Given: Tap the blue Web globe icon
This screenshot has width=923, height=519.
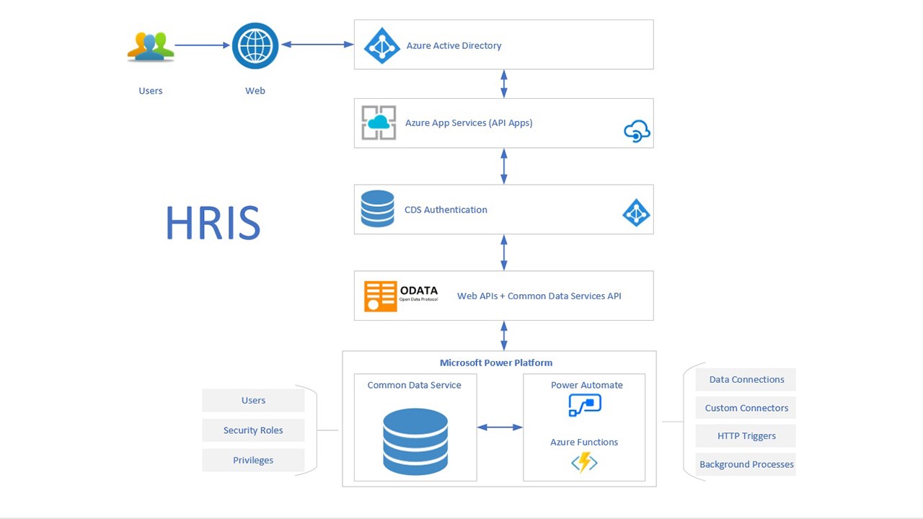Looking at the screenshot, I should coord(255,45).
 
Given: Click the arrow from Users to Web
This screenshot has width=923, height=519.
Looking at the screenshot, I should coord(202,45).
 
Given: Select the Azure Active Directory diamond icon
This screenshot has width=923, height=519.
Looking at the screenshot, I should coord(381,45).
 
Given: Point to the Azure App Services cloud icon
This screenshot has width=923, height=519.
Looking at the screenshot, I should coord(379,123).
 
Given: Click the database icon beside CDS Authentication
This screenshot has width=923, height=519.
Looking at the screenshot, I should coord(377,209).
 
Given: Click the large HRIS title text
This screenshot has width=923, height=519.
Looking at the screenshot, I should coord(213,223).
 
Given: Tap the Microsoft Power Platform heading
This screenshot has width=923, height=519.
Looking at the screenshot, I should coord(496,363).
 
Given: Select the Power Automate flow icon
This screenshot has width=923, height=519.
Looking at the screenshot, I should coord(584,404).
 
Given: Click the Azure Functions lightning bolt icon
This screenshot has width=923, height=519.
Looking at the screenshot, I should coord(584,461).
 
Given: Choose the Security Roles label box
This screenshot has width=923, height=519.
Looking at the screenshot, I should coord(253,430).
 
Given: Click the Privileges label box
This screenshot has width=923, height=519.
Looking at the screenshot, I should coord(253,460).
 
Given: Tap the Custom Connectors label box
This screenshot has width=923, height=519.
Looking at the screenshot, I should coord(746,408).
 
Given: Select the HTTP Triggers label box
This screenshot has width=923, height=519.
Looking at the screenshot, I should coord(746,436).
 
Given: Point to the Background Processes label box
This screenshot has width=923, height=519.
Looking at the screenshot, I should coord(746,464).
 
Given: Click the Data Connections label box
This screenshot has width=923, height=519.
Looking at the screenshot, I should coord(746,380).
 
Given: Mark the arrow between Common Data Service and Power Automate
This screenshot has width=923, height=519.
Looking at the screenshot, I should coord(500,427).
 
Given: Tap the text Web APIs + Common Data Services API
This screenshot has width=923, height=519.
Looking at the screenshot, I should coord(539,296).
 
